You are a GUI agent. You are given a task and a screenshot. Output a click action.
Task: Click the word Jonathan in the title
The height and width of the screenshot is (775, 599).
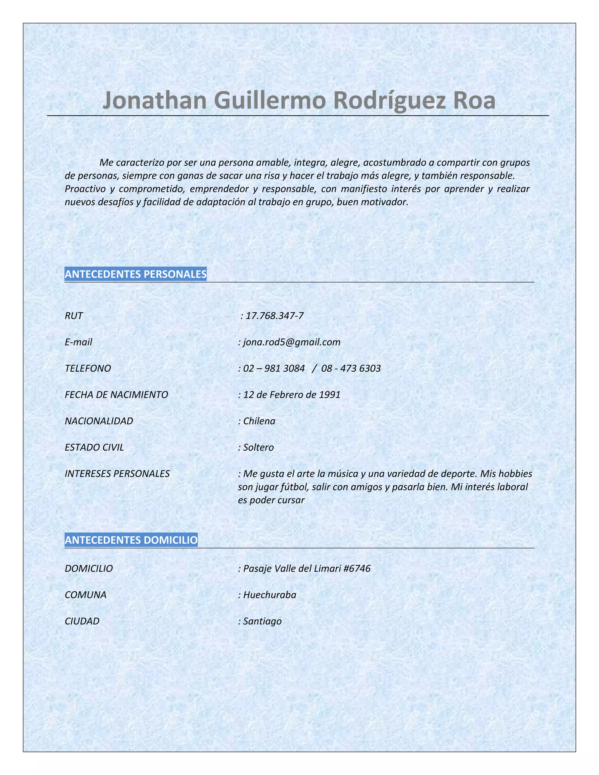154,100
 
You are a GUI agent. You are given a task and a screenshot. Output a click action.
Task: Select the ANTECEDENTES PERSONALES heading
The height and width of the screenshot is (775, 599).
135,274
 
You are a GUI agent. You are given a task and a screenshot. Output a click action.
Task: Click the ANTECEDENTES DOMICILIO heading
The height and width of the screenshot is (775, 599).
131,540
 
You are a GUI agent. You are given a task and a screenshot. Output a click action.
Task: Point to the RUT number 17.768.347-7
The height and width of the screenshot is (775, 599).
274,316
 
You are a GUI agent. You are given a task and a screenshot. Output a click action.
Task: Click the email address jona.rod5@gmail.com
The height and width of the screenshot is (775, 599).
291,342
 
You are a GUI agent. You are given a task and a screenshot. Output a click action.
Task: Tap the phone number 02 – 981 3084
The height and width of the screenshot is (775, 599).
273,368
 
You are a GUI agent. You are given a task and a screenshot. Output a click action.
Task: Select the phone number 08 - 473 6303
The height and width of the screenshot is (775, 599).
351,368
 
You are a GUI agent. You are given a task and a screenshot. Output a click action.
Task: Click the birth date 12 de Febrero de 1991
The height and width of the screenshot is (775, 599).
291,395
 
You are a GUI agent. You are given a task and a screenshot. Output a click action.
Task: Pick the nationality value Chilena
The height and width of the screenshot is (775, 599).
259,421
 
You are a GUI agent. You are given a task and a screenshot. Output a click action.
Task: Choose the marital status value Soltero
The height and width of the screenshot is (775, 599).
258,447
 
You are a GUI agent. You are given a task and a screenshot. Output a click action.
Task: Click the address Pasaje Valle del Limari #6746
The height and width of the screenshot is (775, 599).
307,569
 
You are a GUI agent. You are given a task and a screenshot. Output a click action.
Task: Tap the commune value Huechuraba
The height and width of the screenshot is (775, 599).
269,595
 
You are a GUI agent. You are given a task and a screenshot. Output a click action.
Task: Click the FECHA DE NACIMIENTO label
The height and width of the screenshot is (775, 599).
116,395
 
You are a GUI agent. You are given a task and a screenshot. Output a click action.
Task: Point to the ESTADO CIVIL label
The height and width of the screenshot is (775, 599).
94,447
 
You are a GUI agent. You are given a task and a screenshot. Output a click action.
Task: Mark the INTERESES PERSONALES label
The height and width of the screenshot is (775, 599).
117,474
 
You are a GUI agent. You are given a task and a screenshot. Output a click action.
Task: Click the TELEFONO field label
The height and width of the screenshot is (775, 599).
88,368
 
